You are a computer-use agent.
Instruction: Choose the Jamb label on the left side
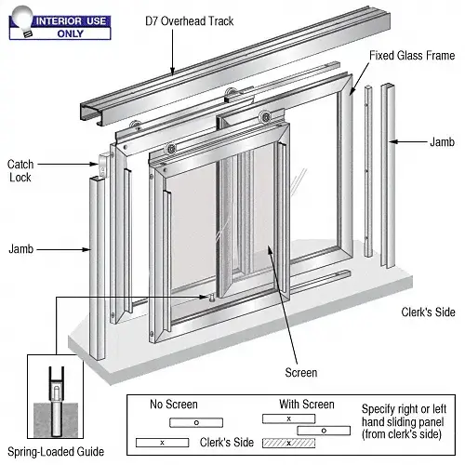pyautogui.click(x=21, y=249)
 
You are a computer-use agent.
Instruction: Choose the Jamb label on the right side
pyautogui.click(x=442, y=142)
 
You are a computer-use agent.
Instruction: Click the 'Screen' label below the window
pyautogui.click(x=301, y=373)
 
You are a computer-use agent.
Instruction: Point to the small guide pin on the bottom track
pyautogui.click(x=212, y=298)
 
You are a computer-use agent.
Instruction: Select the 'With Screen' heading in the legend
pyautogui.click(x=308, y=405)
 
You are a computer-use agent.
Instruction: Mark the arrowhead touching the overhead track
pyautogui.click(x=173, y=71)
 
